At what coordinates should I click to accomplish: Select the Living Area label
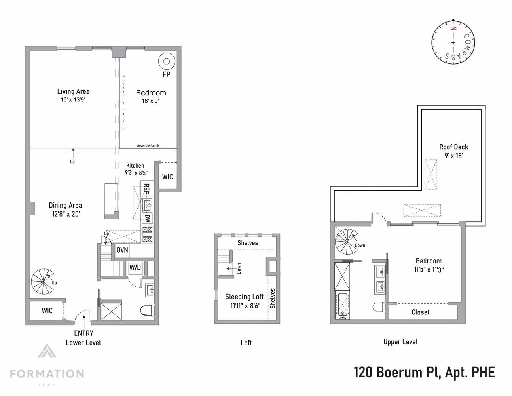click(73, 91)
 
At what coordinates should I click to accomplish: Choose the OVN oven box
click(122, 250)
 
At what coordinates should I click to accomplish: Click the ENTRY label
click(83, 333)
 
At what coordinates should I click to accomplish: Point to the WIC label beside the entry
click(47, 311)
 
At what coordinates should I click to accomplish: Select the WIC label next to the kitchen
click(167, 177)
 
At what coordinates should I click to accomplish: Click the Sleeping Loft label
click(244, 297)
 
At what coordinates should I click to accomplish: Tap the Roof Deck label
click(453, 147)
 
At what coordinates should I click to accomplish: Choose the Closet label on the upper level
click(420, 312)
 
